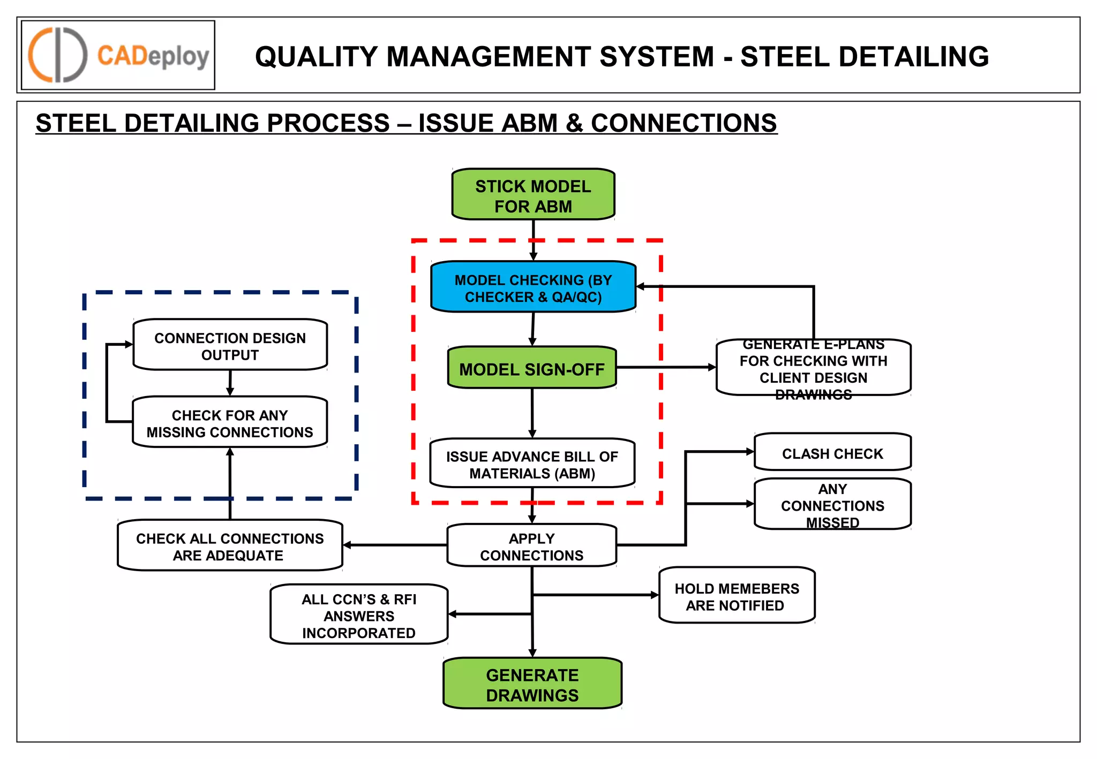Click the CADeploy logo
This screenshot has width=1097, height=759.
pyautogui.click(x=118, y=55)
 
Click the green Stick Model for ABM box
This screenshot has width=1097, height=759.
pyautogui.click(x=533, y=195)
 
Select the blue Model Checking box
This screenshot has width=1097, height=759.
pyautogui.click(x=533, y=287)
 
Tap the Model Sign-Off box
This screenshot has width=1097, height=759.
pyautogui.click(x=532, y=368)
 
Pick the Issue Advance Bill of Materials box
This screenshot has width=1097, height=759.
pyautogui.click(x=532, y=464)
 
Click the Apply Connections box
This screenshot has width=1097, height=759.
pyautogui.click(x=532, y=546)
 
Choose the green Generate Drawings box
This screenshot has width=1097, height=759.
pyautogui.click(x=532, y=684)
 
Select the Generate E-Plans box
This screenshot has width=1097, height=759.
pyautogui.click(x=813, y=368)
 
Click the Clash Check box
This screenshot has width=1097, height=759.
pyautogui.click(x=832, y=453)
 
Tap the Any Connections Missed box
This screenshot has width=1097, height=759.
pyautogui.click(x=832, y=505)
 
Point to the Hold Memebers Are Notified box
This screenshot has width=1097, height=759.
pyautogui.click(x=737, y=596)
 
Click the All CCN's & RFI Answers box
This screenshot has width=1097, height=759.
pyautogui.click(x=359, y=615)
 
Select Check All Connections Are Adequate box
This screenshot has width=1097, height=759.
pyautogui.click(x=230, y=546)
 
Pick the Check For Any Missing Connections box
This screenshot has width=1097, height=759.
pyautogui.click(x=230, y=423)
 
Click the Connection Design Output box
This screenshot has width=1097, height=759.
pyautogui.click(x=230, y=346)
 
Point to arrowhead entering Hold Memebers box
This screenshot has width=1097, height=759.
pyautogui.click(x=654, y=595)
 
